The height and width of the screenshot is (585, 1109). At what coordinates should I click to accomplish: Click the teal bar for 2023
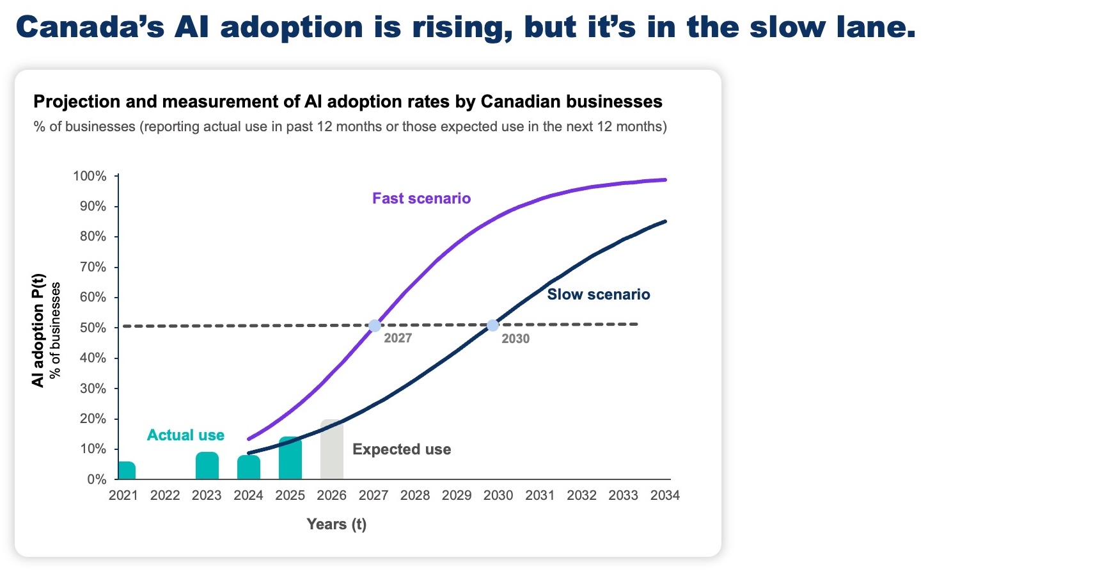coord(207,466)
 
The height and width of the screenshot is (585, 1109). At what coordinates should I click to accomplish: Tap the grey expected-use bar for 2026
coord(332,451)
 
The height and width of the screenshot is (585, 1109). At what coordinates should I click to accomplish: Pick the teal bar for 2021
coord(127,470)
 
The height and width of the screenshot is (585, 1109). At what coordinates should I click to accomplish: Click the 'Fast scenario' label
coord(421,198)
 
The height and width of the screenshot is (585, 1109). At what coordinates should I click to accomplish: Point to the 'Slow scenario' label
coord(599,294)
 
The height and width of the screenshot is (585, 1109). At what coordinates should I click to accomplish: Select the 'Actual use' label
coord(185,435)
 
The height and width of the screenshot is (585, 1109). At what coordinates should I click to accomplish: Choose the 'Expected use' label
coord(402,449)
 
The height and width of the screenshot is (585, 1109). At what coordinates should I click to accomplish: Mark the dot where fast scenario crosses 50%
coord(375,326)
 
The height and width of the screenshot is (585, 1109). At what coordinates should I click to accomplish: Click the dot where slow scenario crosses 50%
coord(492,326)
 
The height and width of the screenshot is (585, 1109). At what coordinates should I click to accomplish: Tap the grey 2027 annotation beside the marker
coord(398,338)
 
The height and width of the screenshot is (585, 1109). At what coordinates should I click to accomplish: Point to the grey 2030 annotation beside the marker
coord(515,339)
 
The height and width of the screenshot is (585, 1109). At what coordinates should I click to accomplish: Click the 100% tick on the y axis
coord(90,176)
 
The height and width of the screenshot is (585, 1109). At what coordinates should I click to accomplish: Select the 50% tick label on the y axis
coord(93,328)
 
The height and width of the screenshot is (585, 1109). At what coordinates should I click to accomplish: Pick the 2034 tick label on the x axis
coord(665,495)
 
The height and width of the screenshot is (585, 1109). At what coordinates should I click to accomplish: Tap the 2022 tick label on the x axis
coord(165,495)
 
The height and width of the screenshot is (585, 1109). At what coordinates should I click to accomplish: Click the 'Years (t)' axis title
coord(336,524)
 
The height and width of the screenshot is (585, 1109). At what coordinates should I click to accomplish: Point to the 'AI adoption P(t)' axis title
coord(38,330)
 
